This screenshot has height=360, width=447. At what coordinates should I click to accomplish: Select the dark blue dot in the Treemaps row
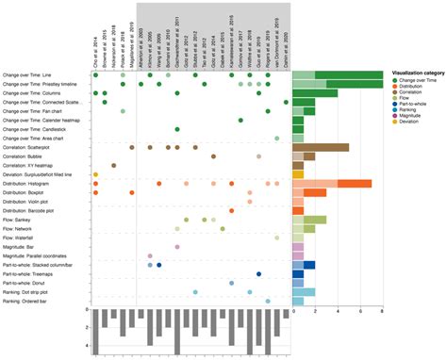pos(258,274)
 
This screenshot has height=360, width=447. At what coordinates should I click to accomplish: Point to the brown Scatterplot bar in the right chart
pos(321,148)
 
